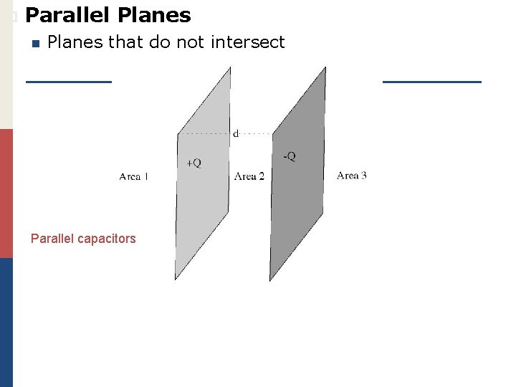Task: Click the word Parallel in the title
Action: coord(64,15)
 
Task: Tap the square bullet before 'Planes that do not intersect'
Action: coord(34,43)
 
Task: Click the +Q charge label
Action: coord(193,163)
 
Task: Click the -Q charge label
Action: coord(288,157)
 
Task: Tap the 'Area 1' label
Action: coord(134,176)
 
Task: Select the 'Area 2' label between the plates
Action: coord(249,176)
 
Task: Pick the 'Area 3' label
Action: coord(351,175)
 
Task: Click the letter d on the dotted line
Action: coord(236,133)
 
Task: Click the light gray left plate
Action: coord(204,208)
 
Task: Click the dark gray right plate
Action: coord(297,208)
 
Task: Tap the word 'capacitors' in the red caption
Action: coord(107,239)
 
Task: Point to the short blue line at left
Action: coord(69,82)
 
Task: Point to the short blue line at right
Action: coord(431,82)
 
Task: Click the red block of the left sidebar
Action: coord(6,193)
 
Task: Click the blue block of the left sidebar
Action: coord(6,322)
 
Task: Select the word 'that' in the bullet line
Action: coord(126,42)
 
